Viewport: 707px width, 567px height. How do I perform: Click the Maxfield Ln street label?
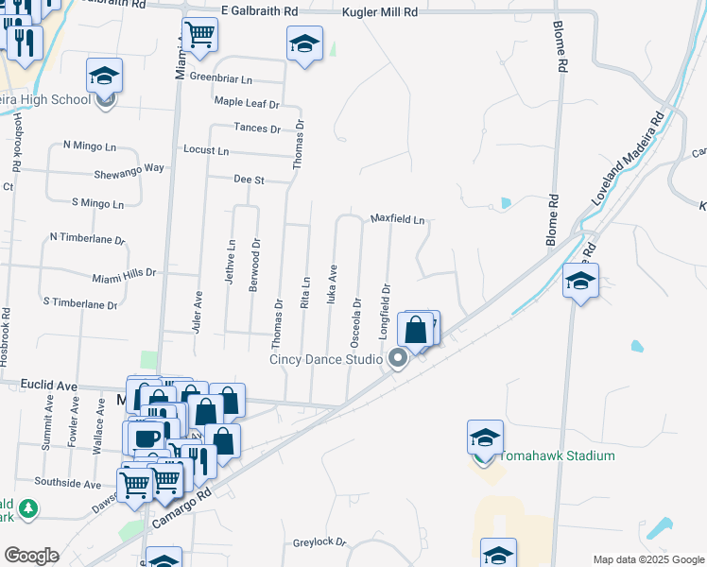[397, 218]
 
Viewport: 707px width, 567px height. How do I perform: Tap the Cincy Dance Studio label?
[325, 358]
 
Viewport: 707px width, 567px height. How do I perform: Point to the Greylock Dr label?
[319, 542]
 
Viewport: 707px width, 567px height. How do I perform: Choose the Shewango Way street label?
[129, 168]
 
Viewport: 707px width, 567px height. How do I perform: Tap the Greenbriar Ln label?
[221, 77]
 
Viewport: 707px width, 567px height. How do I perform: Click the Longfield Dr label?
[385, 301]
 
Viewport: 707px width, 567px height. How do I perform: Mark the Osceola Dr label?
[357, 318]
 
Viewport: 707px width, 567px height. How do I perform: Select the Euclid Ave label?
[48, 387]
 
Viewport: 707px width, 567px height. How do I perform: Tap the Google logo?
[31, 555]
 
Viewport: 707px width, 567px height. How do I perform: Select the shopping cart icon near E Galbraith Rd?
[199, 36]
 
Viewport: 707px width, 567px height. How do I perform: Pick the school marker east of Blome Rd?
[580, 281]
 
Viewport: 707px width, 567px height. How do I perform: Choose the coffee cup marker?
[147, 438]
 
